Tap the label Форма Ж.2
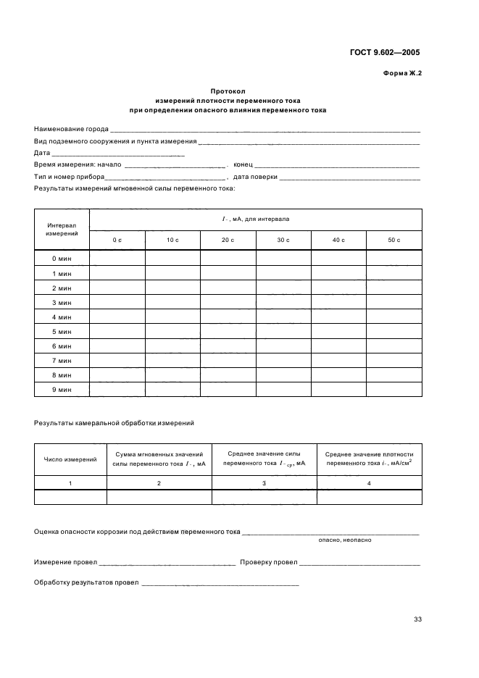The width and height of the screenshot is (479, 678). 401,73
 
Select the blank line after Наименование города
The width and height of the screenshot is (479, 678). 265,130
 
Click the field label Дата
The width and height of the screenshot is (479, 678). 42,153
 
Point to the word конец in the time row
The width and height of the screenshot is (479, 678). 243,164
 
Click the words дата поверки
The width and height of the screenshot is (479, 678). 255,177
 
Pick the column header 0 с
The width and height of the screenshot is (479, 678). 117,239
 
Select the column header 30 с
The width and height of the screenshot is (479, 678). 283,239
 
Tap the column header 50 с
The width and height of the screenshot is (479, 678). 393,239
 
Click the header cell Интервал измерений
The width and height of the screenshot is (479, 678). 62,230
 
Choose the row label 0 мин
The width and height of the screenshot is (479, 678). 62,259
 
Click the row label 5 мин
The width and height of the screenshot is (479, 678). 62,331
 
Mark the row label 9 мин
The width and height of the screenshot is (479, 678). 62,389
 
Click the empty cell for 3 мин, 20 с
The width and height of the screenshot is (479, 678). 228,302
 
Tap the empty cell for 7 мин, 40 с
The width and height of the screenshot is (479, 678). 338,360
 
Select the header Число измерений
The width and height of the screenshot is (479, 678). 70,459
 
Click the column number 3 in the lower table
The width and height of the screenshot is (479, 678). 264,482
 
